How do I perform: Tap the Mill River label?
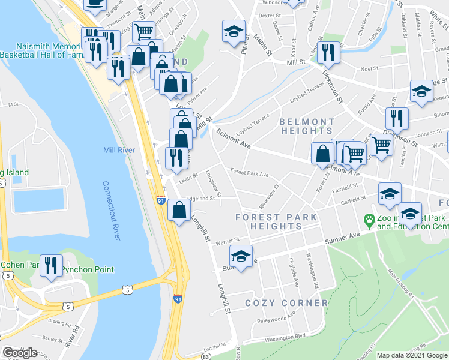[x=119, y=150]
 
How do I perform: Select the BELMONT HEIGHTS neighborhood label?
[x=306, y=126]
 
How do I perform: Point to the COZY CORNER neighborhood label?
[x=286, y=303]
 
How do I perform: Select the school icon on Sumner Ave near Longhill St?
[x=241, y=258]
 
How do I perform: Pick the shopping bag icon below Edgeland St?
[x=179, y=211]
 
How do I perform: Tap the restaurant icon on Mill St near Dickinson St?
[x=328, y=52]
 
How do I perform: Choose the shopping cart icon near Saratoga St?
[x=143, y=32]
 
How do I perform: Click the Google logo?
[x=20, y=353]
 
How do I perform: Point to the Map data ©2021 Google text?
[x=412, y=355]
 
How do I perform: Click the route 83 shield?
[x=206, y=356]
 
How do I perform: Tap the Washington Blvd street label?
[x=285, y=338]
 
